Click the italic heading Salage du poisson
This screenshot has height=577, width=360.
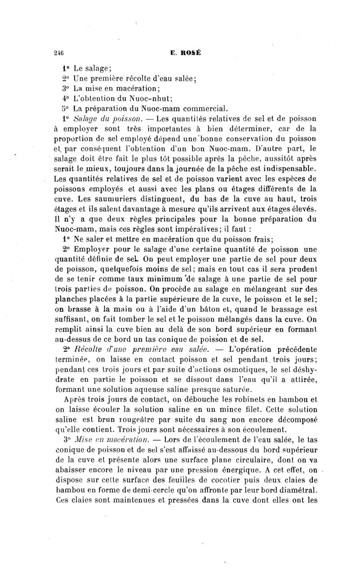tap(107, 119)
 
